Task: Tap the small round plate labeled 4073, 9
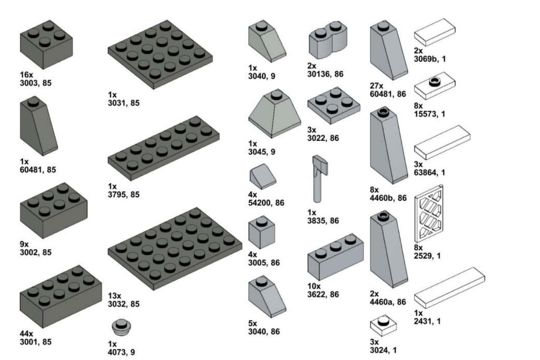pyautogui.click(x=121, y=327)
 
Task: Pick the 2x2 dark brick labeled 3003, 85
pyautogui.click(x=46, y=45)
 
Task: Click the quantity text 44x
pyautogui.click(x=26, y=333)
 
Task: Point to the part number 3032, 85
pyautogui.click(x=124, y=304)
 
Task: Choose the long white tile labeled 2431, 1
pyautogui.click(x=450, y=288)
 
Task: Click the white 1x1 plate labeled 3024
pyautogui.click(x=383, y=325)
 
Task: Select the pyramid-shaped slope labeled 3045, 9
pyautogui.click(x=274, y=113)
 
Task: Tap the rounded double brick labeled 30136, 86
pyautogui.click(x=328, y=40)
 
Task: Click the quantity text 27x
pyautogui.click(x=377, y=86)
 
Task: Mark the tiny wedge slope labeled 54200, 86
pyautogui.click(x=263, y=176)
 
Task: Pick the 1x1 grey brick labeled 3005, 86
pyautogui.click(x=261, y=232)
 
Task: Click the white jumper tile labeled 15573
pyautogui.click(x=435, y=85)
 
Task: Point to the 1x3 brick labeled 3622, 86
pyautogui.click(x=336, y=257)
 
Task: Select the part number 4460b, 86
pyautogui.click(x=388, y=198)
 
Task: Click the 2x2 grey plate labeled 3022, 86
pyautogui.click(x=334, y=106)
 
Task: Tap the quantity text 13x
pyautogui.click(x=114, y=296)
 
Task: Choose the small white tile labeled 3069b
pyautogui.click(x=435, y=32)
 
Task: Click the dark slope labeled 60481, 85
pyautogui.click(x=39, y=126)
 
